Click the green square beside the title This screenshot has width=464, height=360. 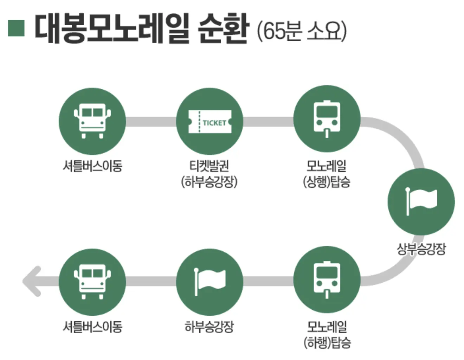pyautogui.click(x=16, y=28)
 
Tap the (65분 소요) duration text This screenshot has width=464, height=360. pyautogui.click(x=302, y=31)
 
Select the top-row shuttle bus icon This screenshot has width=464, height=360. pyautogui.click(x=92, y=121)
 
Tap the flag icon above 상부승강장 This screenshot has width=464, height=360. pyautogui.click(x=421, y=201)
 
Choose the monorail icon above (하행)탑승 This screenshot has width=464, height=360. pyautogui.click(x=327, y=280)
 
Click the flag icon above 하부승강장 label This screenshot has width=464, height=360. pyautogui.click(x=210, y=281)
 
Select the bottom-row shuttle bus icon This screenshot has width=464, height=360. pyautogui.click(x=92, y=281)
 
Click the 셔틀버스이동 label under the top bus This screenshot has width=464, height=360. pyautogui.click(x=92, y=166)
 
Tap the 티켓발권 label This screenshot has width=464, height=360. pyautogui.click(x=210, y=165)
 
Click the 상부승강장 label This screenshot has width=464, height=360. pyautogui.click(x=421, y=249)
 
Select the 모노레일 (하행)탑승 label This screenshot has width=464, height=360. pyautogui.click(x=327, y=334)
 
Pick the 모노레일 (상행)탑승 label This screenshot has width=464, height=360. pyautogui.click(x=327, y=173)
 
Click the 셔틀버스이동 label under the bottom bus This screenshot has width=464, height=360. pyautogui.click(x=92, y=327)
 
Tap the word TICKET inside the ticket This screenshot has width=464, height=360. pyautogui.click(x=214, y=123)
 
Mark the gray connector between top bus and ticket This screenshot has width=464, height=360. pyautogui.click(x=151, y=121)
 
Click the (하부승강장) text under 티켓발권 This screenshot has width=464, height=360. pyautogui.click(x=210, y=182)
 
